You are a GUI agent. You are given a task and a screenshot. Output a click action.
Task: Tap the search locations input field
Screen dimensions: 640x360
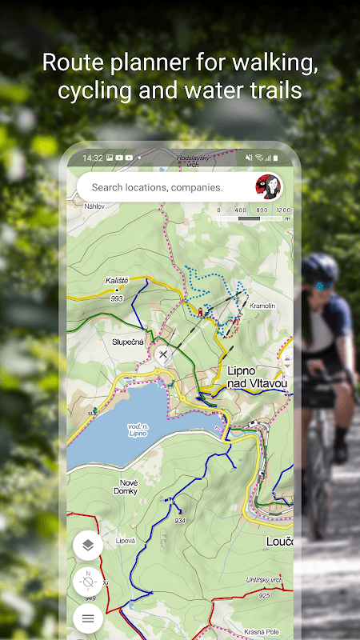[157, 187]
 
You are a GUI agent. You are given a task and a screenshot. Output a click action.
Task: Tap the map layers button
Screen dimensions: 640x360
[88, 546]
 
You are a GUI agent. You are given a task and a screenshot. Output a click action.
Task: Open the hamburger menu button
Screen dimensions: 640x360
[88, 618]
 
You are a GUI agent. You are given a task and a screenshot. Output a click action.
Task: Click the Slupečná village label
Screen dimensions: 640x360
[128, 342]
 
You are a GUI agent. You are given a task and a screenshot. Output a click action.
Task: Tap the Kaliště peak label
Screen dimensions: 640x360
[117, 281]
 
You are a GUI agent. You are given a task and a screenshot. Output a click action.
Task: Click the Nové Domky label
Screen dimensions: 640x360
[128, 485]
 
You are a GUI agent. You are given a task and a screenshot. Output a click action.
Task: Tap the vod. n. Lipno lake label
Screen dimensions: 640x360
[138, 430]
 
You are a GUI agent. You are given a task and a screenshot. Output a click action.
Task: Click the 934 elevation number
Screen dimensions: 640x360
[179, 521]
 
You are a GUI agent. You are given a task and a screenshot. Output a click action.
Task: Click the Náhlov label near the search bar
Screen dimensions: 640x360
[94, 205]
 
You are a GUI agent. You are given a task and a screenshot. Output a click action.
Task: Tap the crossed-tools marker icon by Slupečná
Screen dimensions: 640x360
[164, 354]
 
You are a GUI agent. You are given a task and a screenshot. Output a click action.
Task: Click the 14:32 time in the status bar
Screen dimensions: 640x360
[92, 158]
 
